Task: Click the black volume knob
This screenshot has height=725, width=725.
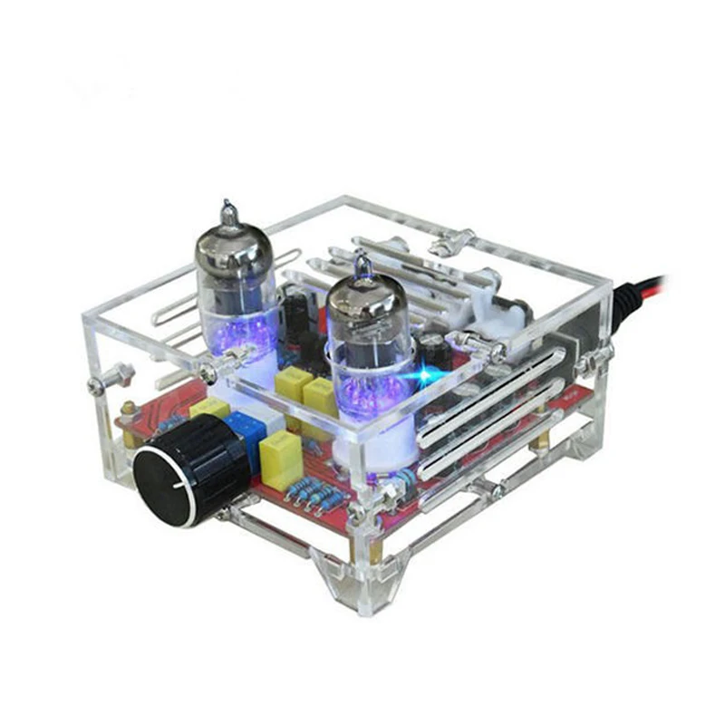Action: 186,471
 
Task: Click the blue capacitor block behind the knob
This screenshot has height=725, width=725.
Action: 246,433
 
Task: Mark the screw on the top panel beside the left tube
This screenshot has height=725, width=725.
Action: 210,370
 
